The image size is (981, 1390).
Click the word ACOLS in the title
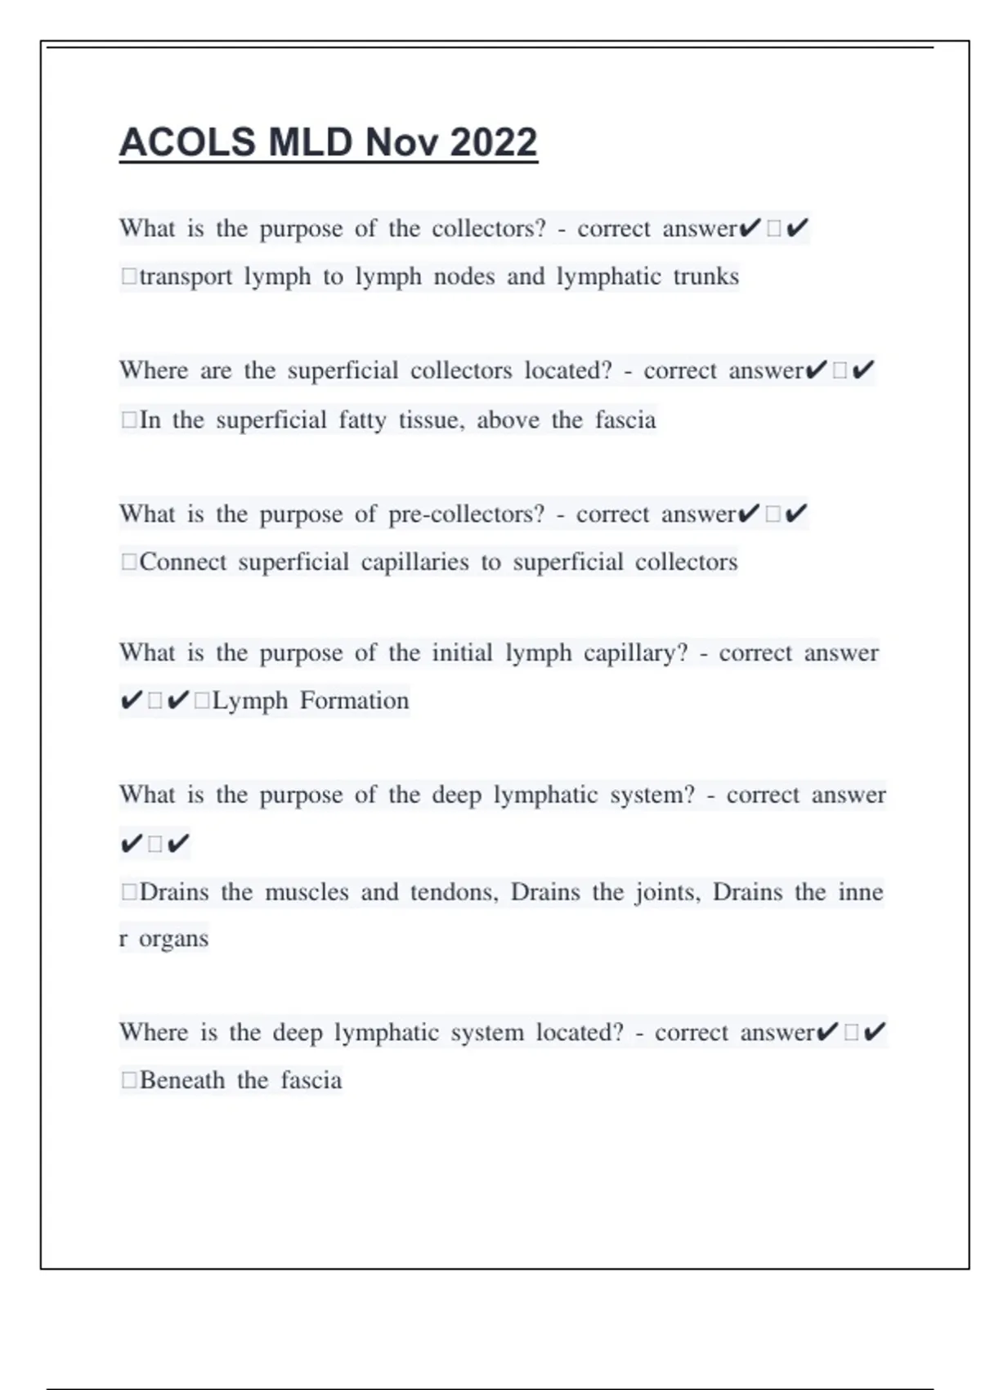186,142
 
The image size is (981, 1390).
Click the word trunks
706,276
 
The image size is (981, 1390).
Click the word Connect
183,562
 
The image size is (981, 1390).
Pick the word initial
463,652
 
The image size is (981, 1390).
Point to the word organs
173,939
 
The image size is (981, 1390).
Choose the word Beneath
182,1080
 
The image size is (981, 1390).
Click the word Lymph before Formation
250,701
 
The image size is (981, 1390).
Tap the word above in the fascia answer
508,419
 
